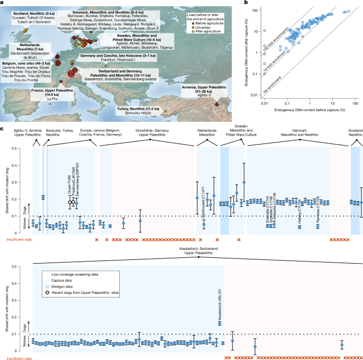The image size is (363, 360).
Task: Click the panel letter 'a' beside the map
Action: (x=3, y=3)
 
